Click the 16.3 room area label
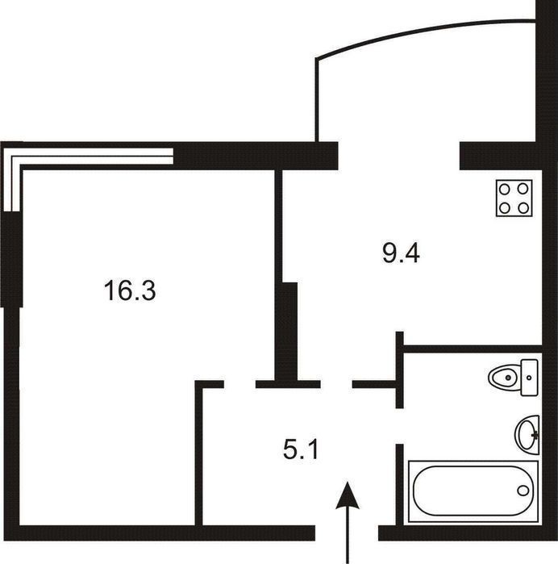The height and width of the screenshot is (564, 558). pos(130,290)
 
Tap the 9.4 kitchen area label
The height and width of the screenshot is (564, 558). pos(401,253)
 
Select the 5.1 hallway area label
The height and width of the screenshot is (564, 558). pos(301,449)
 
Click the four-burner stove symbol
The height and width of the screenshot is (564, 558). pos(514,198)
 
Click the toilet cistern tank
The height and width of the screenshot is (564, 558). pos(530,378)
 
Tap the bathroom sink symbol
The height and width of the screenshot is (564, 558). pos(527,434)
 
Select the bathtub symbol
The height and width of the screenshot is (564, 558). pos(473,491)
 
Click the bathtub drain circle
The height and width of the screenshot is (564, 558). pos(523,491)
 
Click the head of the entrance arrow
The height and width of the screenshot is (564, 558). pos(348,495)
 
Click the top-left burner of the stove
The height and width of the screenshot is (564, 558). pos(505,189)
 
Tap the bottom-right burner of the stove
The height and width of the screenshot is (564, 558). pos(523,207)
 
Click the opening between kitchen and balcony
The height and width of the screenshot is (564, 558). pos(398,156)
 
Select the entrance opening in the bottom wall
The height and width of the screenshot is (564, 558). pos(347,533)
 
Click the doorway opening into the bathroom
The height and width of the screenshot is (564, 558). pos(399,426)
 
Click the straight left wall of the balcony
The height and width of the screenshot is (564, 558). pos(317,100)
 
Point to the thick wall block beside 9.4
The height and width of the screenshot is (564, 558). pos(289,332)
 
